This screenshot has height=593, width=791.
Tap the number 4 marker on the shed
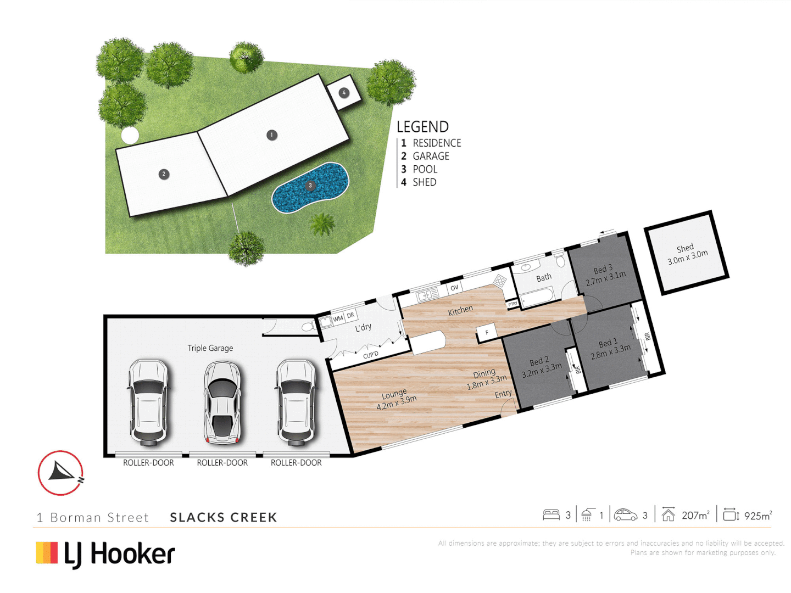344,93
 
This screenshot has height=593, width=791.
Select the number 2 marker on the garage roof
164,174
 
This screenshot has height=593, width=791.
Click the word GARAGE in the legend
431,156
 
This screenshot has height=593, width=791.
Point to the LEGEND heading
422,127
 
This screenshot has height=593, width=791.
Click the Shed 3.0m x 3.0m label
687,254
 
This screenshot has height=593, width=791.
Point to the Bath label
544,278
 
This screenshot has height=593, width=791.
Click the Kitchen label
460,310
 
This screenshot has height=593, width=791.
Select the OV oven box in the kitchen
454,288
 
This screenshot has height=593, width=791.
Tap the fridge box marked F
487,333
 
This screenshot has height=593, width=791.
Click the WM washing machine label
338,318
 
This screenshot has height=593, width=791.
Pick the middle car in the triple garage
222,402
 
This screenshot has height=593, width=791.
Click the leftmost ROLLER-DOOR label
148,463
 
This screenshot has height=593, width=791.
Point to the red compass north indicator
60,473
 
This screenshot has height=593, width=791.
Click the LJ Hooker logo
105,554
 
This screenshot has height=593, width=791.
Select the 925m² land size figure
757,516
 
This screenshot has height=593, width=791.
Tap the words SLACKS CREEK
223,517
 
